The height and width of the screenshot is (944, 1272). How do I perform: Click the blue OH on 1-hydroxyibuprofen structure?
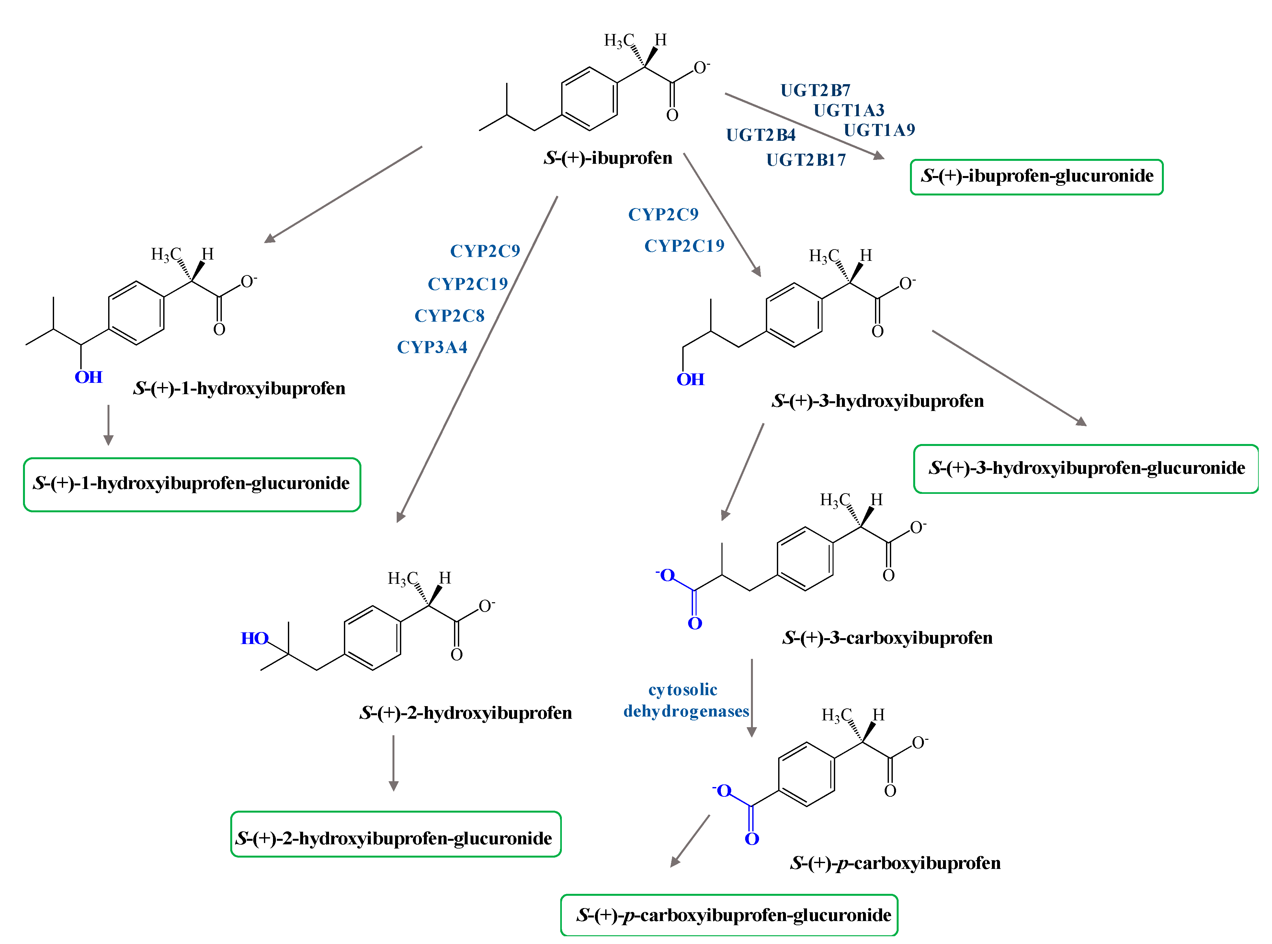(x=89, y=377)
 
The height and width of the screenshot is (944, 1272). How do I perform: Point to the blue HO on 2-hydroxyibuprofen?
(x=255, y=638)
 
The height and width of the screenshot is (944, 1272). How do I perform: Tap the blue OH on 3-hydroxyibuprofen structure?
(x=690, y=379)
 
